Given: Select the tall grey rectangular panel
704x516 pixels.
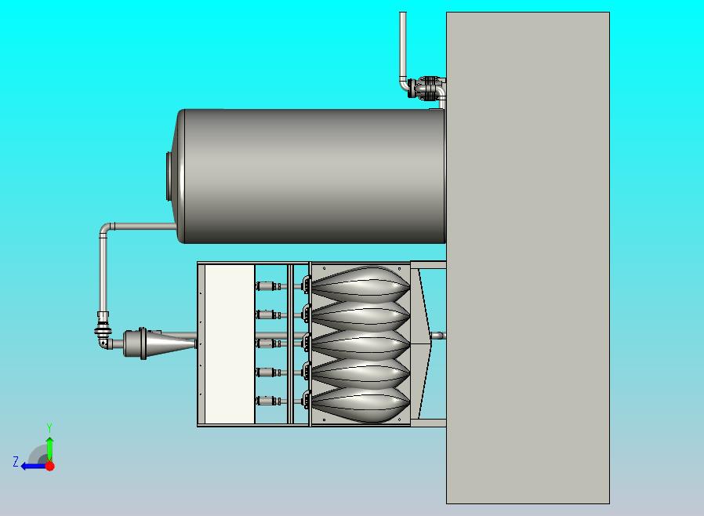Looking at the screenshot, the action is (528, 258).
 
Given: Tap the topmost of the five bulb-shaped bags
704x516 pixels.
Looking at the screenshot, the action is (361, 285).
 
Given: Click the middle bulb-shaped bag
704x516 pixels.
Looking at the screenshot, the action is (361, 344).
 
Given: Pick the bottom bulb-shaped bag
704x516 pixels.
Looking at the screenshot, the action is (361, 404).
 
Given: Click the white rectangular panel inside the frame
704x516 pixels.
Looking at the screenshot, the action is (230, 344).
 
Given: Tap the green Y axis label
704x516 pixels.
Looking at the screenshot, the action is (49, 427).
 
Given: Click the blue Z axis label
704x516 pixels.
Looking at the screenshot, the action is (16, 462).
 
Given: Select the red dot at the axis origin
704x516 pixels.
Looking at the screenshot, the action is (50, 466).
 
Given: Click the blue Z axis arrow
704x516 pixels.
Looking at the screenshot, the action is (34, 467).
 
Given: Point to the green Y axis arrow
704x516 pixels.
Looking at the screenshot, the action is (50, 449).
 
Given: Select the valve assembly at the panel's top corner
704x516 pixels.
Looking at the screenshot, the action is (426, 88).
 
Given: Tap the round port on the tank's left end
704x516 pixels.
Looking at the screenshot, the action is (169, 176).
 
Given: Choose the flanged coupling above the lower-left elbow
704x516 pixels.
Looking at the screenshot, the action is (103, 327).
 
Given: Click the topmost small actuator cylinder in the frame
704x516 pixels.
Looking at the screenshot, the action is (268, 286).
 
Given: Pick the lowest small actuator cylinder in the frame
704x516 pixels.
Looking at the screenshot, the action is (268, 401).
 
